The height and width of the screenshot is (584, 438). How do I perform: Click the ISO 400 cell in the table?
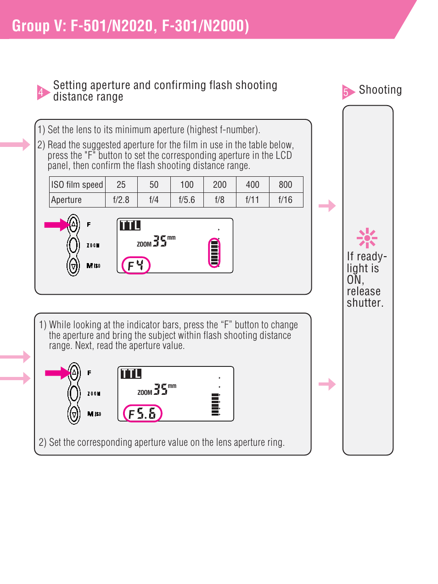coord(253,185)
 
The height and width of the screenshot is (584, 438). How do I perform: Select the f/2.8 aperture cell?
coord(121,200)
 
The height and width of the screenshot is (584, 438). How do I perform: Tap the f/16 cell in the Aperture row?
coord(286,200)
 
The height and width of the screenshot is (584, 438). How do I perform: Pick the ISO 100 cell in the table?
coord(187,185)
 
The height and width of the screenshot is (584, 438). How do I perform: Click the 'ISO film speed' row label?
coord(77,185)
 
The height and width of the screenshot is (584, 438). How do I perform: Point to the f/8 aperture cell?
coord(219,200)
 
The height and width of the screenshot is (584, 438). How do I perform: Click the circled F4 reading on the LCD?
coord(136,265)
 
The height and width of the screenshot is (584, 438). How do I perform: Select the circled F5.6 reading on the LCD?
coord(142,413)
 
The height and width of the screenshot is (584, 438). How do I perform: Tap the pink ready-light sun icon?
coord(367,238)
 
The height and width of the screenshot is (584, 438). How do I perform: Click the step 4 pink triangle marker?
coord(43,92)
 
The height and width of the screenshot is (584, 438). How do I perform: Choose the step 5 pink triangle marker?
coord(348,92)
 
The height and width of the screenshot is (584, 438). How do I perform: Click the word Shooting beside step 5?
coord(380,90)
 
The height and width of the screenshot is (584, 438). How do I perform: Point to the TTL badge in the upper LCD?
coord(130,225)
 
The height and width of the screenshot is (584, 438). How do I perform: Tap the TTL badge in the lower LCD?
coord(131,374)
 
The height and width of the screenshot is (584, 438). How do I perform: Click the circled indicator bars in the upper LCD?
coord(214,253)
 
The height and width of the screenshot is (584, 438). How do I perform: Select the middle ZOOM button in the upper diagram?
coord(73,245)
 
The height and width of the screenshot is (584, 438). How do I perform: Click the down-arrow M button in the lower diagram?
coord(74,414)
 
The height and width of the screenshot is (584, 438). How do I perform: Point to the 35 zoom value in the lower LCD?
coord(161,389)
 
